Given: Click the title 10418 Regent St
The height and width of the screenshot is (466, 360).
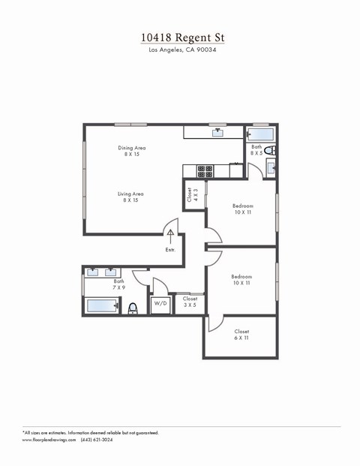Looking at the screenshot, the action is click(182, 38).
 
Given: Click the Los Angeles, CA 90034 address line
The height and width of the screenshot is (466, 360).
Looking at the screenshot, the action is click(182, 50).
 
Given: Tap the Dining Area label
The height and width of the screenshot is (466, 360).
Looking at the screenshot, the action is click(132, 151).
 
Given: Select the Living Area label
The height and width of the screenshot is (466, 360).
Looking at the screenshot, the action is click(130, 197).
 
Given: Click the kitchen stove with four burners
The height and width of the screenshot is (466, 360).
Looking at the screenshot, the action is click(205, 171).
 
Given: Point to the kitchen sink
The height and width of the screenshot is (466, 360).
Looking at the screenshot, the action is click(217, 132).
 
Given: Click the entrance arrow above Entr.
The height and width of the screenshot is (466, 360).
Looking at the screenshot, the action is click(170, 237).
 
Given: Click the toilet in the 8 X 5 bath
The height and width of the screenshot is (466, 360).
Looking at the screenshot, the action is click(270, 150).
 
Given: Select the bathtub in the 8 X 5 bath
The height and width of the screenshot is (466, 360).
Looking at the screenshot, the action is click(260, 134).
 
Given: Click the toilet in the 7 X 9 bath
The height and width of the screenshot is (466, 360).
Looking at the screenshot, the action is click(133, 308).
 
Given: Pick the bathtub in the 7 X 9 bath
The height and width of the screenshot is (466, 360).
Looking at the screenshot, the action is click(102, 305).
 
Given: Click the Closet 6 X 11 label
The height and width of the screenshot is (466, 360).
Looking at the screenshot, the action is click(241, 335).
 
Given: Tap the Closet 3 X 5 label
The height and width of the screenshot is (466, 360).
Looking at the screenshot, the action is click(190, 302).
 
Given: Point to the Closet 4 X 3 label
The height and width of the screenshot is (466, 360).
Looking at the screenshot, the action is click(193, 194).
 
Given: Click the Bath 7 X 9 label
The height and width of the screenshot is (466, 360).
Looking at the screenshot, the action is click(118, 284).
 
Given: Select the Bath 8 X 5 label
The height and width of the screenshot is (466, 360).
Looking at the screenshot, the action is click(256, 150).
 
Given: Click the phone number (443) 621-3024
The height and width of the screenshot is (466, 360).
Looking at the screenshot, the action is click(97, 440).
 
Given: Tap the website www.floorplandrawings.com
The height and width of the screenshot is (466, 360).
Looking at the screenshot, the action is click(49, 440).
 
